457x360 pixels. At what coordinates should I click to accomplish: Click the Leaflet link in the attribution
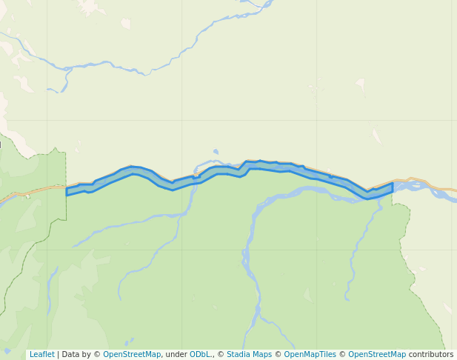pos(41,354)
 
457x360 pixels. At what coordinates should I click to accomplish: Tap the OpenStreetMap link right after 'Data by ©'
pos(132,354)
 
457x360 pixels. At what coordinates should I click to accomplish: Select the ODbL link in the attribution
pos(201,354)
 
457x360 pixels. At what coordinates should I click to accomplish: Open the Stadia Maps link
pos(249,354)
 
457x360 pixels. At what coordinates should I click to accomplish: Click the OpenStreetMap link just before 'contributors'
pos(377,354)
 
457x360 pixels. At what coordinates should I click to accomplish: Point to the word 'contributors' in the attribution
pos(431,354)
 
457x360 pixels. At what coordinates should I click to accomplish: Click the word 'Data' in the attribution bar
pos(71,354)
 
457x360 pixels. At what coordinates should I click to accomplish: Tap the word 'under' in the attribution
pos(176,354)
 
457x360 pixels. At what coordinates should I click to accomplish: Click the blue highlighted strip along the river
pos(222,171)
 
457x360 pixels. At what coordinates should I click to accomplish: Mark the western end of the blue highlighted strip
pos(67,191)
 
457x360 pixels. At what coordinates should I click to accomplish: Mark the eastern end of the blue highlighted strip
pos(392,187)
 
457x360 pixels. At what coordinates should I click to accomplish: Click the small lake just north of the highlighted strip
pos(216,152)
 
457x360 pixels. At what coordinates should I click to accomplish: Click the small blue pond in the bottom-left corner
pos(7,350)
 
